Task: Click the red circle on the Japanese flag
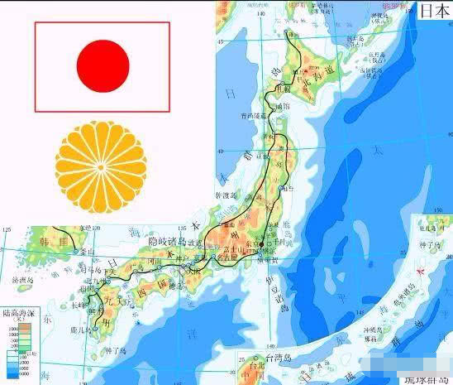click(x=103, y=65)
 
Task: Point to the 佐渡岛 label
click(x=227, y=195)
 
